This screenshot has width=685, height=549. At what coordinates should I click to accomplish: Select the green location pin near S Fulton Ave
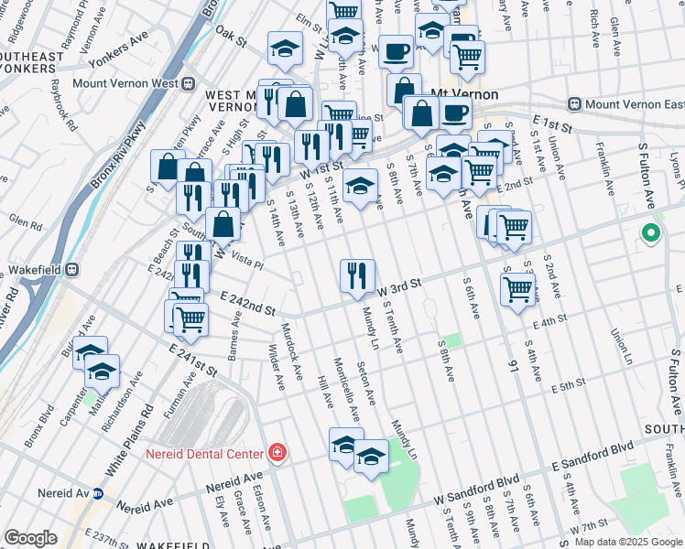pos(651,234)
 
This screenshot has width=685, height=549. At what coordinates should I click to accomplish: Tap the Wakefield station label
pos(35,271)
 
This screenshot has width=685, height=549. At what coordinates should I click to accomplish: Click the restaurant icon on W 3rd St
pos(357,274)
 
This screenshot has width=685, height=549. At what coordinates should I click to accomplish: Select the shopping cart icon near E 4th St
pos(517,288)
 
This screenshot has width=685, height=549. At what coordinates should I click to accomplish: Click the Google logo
pos(30,538)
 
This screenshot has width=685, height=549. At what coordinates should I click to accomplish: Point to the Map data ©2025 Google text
pos(627,542)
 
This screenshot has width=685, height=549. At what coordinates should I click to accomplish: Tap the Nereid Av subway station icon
pos(99,492)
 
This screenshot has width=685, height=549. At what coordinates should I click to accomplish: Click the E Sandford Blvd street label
pos(593,457)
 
